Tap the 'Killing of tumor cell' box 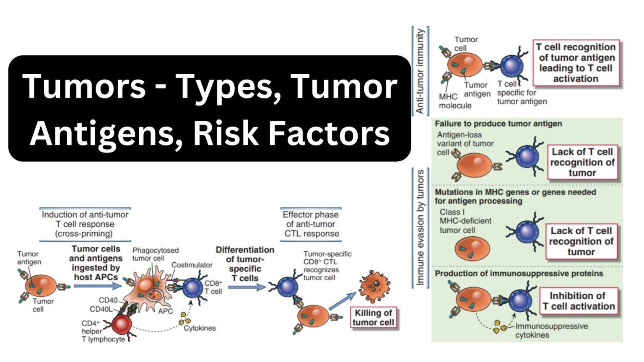coord(373,318)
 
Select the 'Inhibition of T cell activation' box coord(578,301)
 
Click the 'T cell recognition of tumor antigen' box coord(577,63)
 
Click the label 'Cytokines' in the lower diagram coord(200,328)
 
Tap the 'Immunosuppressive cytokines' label coord(551,330)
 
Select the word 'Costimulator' coord(192,265)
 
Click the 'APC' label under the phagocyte coord(165,311)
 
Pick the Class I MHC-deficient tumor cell coord(472,248)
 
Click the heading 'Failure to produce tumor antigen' coord(498,124)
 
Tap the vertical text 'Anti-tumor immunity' coord(420,71)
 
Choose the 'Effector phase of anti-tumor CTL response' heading coord(311,224)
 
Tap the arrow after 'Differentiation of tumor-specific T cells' coord(247,287)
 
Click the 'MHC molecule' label coord(455,101)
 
